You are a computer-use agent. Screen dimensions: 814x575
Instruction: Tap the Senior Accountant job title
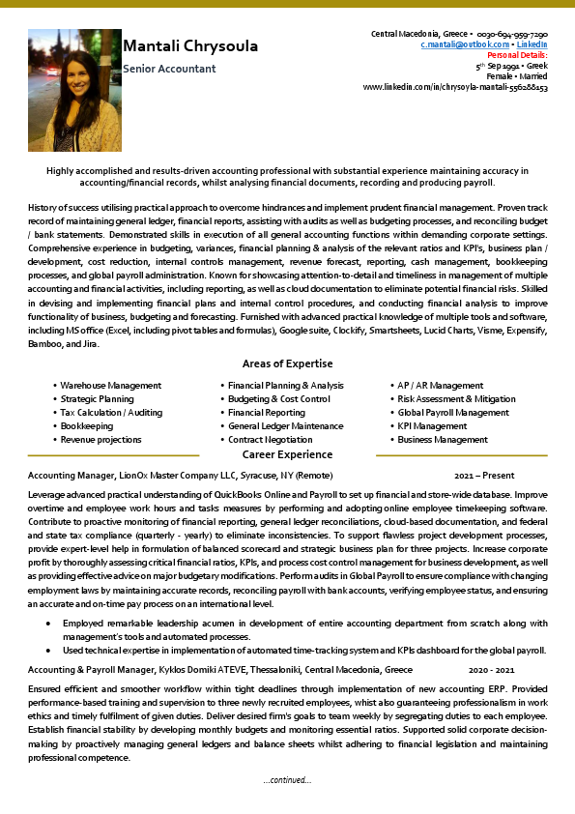coord(170,69)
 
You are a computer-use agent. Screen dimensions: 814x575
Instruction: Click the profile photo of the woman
coord(74,90)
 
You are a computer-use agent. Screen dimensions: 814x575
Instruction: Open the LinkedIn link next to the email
coord(532,44)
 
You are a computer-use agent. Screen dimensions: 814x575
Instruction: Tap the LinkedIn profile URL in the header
coord(455,87)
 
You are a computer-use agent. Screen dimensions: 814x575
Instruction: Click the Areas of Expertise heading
coord(287,363)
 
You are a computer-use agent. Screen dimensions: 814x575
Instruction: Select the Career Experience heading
coord(287,454)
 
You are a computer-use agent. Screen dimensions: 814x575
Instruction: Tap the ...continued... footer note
coord(287,779)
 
